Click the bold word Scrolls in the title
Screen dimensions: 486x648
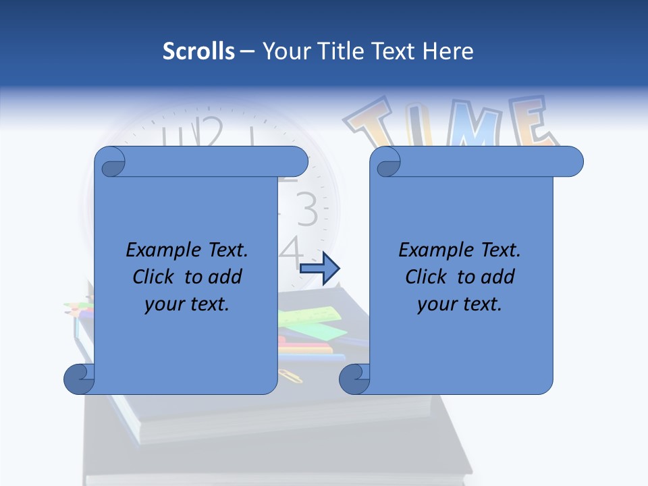pyautogui.click(x=198, y=51)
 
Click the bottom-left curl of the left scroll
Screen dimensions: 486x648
pyautogui.click(x=80, y=379)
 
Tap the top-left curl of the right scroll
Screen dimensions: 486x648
pyautogui.click(x=387, y=162)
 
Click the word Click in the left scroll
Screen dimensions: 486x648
pyautogui.click(x=148, y=277)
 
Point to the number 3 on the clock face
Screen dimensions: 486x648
pyautogui.click(x=306, y=210)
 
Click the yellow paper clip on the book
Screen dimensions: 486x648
pyautogui.click(x=291, y=375)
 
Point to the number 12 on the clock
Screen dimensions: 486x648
pyautogui.click(x=202, y=132)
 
